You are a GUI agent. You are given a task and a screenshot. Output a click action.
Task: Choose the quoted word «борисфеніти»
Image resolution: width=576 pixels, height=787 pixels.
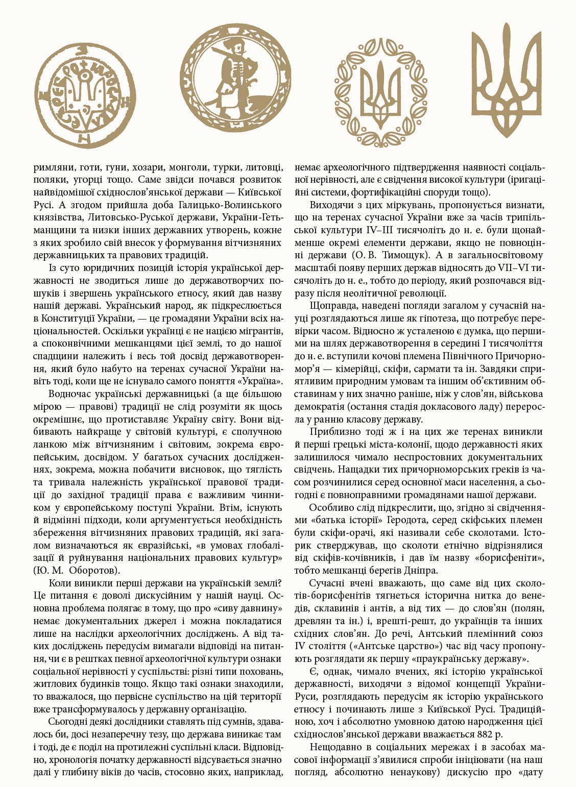pos(512,557)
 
